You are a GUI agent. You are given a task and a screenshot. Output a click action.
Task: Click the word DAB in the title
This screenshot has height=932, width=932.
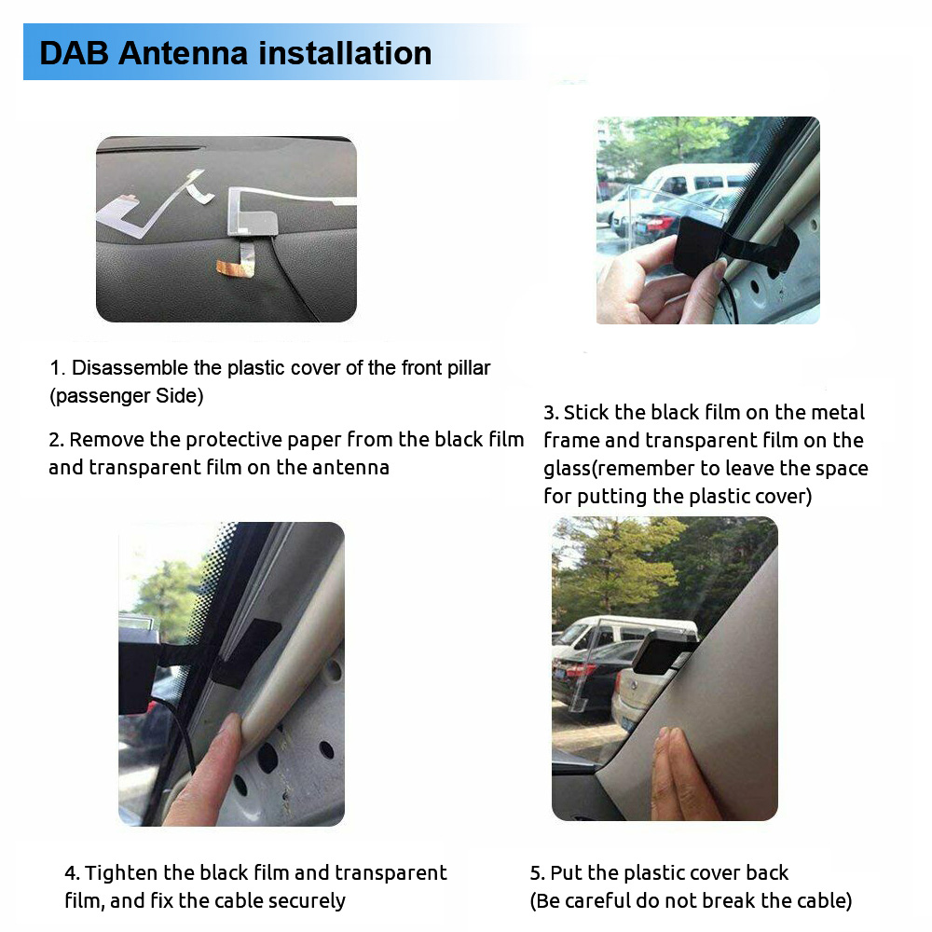(x=74, y=53)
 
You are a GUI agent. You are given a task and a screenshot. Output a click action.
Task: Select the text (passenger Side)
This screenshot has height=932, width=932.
(x=126, y=395)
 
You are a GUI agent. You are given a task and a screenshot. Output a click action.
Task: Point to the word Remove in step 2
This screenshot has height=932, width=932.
(x=102, y=439)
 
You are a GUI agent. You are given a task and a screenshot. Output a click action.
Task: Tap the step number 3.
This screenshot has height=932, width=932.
(x=550, y=413)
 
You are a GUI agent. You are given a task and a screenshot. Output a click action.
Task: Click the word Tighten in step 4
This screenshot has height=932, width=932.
(x=120, y=873)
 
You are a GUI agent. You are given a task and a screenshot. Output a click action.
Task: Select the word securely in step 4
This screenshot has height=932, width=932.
(x=307, y=901)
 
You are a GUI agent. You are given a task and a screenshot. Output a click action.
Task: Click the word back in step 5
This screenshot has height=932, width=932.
(x=767, y=873)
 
